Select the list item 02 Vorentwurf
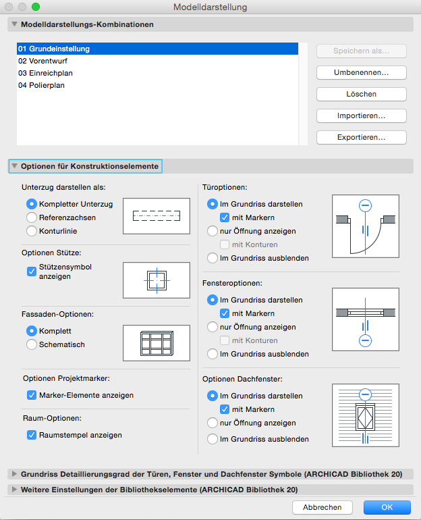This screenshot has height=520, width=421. coord(43,61)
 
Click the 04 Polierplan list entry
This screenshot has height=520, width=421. coord(42,85)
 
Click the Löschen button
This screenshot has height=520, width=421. coord(361,94)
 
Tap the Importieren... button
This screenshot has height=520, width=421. coord(361,115)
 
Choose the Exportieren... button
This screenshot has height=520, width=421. coord(361,137)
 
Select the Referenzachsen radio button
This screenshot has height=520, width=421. coord(31,217)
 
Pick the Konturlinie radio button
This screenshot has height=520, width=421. coord(31,231)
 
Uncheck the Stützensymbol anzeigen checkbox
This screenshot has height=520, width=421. coord(31,271)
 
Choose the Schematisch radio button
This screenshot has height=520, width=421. coord(31,344)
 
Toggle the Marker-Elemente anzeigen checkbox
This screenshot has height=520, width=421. coord(31,395)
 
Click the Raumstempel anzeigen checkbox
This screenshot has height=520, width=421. coord(31,435)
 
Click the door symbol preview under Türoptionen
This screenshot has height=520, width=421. coord(365,226)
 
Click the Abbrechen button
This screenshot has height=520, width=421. coord(322,507)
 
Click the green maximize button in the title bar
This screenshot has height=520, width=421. coord(36,7)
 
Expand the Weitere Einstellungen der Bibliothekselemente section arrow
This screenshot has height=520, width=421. coord(14,490)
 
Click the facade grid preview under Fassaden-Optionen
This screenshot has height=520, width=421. coord(156,343)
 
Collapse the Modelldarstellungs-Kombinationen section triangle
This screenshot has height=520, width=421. coord(14,24)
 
